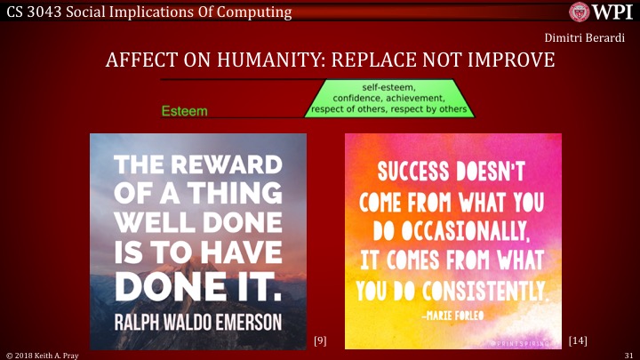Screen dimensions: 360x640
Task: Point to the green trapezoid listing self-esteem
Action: pyautogui.click(x=388, y=98)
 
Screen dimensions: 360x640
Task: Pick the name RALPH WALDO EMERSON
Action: pyautogui.click(x=198, y=319)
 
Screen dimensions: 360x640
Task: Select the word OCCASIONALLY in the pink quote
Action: pyautogui.click(x=462, y=233)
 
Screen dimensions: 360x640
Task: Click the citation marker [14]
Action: pyautogui.click(x=577, y=340)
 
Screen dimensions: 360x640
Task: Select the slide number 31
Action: pyautogui.click(x=627, y=355)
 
